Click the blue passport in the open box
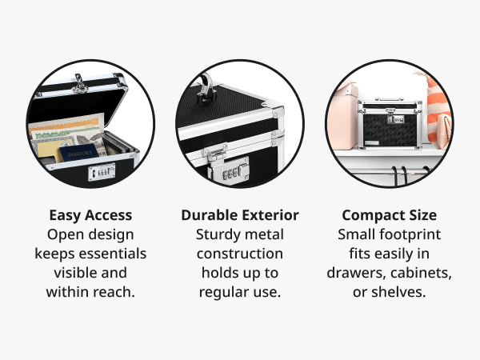(78, 152)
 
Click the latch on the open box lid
(79, 83)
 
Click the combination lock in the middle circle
(235, 171)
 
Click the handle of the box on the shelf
(389, 99)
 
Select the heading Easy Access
(90, 215)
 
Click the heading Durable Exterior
(240, 215)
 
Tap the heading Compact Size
(390, 215)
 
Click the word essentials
(112, 254)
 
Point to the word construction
(240, 254)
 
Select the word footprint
(410, 234)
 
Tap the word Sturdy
(218, 234)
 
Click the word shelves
(398, 292)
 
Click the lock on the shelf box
(395, 118)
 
